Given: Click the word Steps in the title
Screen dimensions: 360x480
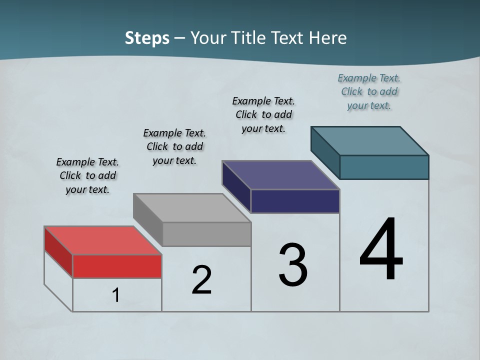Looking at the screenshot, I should pos(147,38).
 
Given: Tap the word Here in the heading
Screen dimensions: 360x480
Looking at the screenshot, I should pos(328,38).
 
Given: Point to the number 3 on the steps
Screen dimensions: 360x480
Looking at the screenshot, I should pos(292,265).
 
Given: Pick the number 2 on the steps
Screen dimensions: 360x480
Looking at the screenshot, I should pos(201,280).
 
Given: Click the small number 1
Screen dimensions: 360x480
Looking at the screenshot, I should pos(116,295).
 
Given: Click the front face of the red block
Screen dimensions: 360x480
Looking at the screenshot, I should pos(117,266).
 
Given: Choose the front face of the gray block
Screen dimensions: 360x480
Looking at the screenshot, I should pos(206,234).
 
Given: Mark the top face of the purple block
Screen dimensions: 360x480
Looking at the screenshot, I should pos(280,175).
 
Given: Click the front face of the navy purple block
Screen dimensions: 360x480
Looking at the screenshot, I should pos(295,201).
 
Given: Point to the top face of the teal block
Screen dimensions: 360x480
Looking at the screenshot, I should pos(369,140).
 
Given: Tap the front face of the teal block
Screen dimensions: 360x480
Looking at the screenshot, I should pos(384,167).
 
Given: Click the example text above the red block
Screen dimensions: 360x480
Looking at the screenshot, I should pos(87,175).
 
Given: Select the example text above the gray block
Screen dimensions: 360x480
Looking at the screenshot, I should pos(174,146).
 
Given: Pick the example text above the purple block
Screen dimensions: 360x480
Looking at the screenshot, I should pos(263,114).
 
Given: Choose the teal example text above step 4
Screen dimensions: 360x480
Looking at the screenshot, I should pos(369,91).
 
